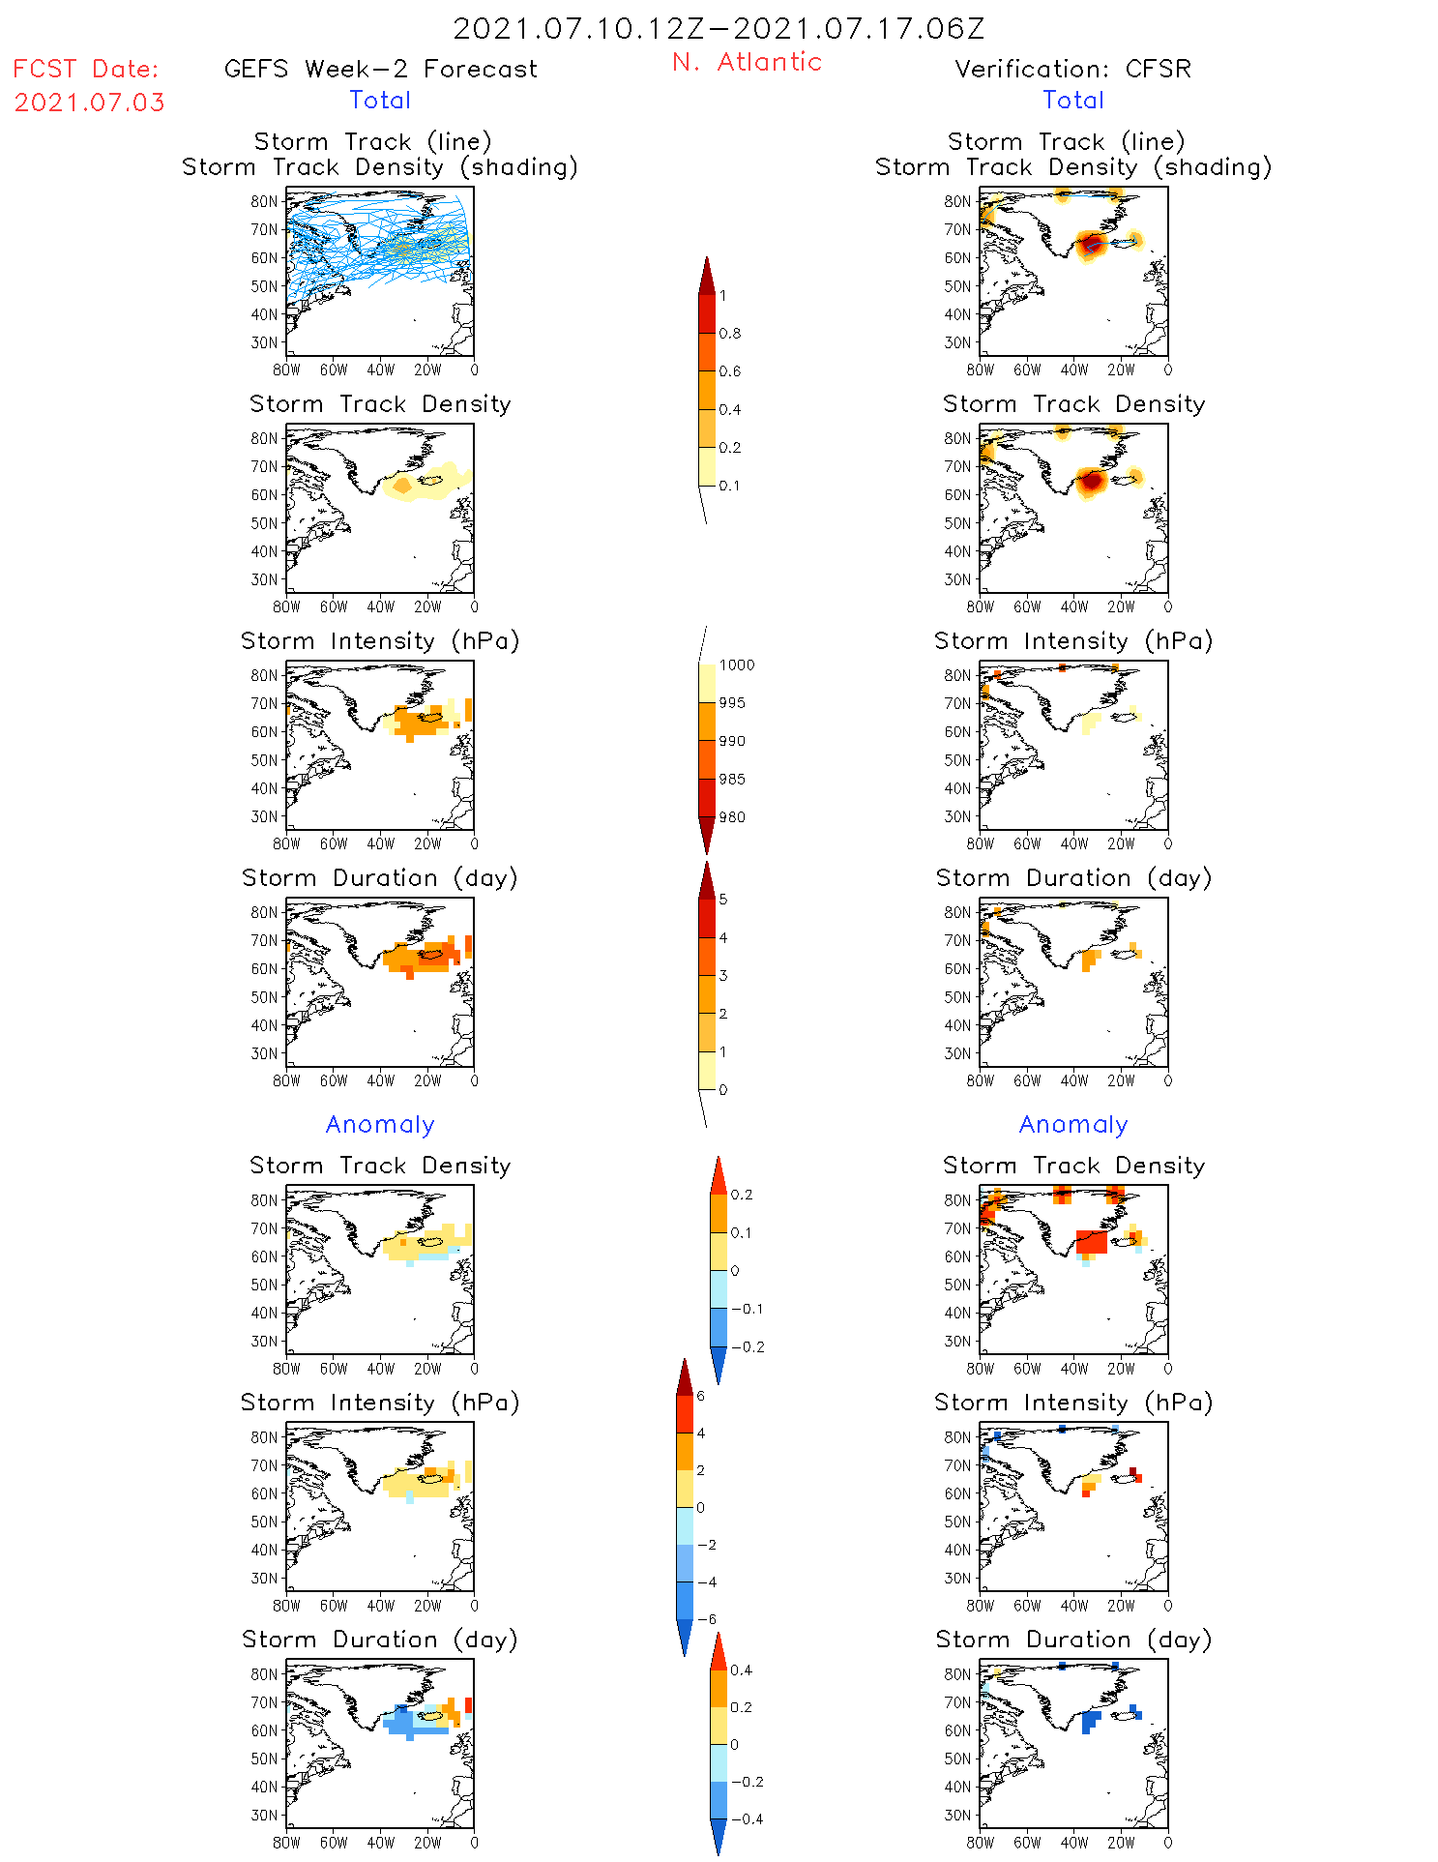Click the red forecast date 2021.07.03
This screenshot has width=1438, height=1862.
coord(89,103)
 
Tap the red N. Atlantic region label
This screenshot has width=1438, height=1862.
coord(747,62)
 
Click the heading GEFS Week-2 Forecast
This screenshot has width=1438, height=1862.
coord(380,69)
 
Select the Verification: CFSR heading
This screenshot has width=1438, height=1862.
coord(1072,69)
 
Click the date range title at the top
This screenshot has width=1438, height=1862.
coord(719,28)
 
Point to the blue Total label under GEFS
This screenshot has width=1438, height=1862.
coord(380,100)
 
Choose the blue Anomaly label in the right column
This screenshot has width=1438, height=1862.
coord(1073,1124)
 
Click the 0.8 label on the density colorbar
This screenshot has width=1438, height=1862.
coord(730,334)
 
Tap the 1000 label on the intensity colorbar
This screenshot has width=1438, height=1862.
coord(736,665)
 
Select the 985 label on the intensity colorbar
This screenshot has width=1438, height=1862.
coord(732,780)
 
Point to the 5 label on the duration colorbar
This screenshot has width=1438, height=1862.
coord(722,900)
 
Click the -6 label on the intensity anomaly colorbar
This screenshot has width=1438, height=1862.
coord(707,1619)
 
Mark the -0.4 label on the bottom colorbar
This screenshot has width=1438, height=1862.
coord(747,1818)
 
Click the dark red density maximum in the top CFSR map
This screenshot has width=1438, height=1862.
coord(1092,243)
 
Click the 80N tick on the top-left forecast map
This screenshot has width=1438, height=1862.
coord(264,201)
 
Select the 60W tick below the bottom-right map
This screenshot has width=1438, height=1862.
coord(1027,1843)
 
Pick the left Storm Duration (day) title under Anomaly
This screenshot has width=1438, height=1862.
coord(380,1640)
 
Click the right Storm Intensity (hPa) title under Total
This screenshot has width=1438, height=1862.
coord(1073,640)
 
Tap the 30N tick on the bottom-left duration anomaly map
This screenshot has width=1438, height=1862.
coord(264,1815)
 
